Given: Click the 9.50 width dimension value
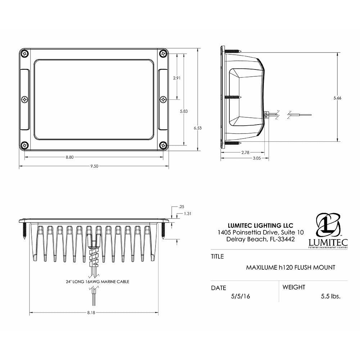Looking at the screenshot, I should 94,166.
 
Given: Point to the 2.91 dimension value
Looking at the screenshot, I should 176,78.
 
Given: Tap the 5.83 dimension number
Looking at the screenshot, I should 184,111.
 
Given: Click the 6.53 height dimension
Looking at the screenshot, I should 198,128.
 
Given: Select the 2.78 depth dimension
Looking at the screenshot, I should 245,152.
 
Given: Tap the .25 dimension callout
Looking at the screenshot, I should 181,207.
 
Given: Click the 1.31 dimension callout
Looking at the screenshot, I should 187,213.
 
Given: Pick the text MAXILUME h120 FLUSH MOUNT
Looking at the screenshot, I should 291,267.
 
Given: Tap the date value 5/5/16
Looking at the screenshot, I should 241,296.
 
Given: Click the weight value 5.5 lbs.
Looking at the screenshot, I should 330,296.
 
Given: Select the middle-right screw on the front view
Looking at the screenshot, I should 163,99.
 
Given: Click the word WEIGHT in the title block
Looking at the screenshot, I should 294,287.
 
